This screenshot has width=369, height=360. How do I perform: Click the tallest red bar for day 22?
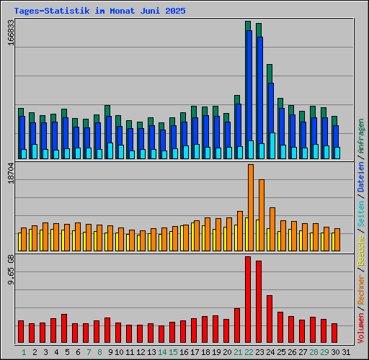coord(248,300)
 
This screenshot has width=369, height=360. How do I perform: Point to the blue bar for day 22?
coord(249,86)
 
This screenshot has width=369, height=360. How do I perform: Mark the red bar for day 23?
coord(259,302)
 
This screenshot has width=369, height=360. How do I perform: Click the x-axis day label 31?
coord(346,352)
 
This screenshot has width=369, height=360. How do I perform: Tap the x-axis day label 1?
coord(24,352)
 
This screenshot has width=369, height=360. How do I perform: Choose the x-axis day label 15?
coord(173,352)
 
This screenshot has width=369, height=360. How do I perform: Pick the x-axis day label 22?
coord(249,352)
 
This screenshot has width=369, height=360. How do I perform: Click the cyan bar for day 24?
coord(272,145)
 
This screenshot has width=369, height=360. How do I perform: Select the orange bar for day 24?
coord(272,229)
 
